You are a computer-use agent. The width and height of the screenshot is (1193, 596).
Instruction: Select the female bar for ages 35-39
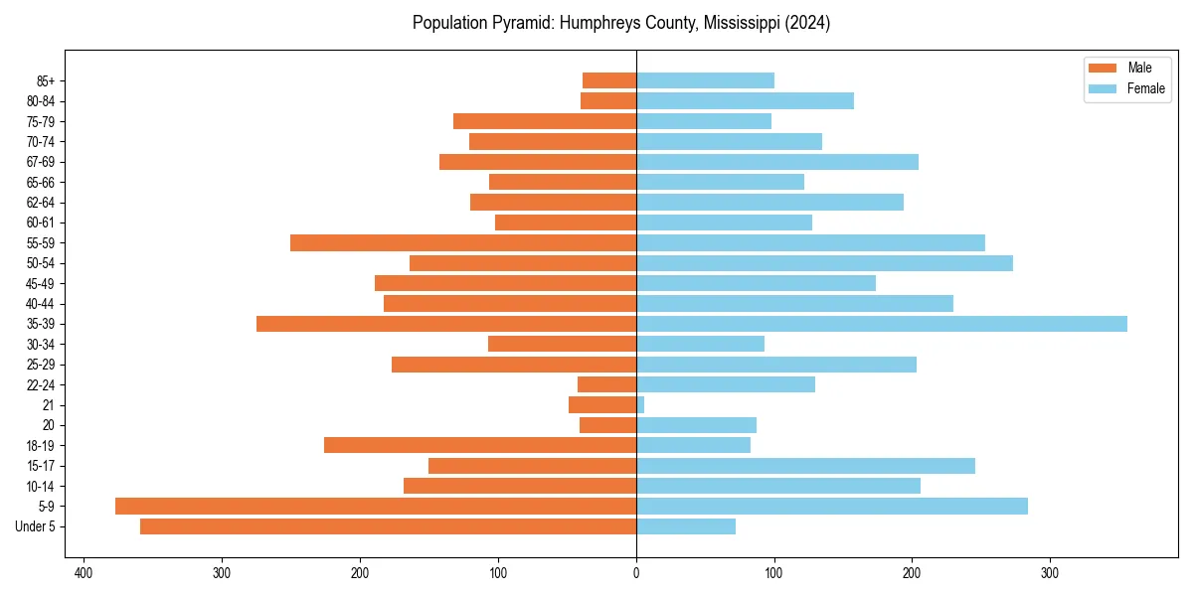click(882, 324)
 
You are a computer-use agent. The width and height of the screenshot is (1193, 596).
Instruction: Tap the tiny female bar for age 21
click(640, 405)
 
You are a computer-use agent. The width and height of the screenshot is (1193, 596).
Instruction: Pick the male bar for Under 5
click(388, 526)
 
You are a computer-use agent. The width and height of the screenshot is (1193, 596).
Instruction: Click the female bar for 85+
click(705, 80)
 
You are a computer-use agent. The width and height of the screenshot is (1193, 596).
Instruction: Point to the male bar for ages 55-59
click(463, 243)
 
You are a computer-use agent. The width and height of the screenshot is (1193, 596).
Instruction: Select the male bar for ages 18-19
click(480, 446)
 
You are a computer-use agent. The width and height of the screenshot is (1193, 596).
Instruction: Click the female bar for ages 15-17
click(805, 466)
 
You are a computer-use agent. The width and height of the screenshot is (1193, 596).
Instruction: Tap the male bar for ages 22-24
click(607, 384)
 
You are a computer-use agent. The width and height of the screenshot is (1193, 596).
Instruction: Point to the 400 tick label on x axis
click(84, 573)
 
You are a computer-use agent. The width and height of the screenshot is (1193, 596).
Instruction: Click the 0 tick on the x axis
click(636, 573)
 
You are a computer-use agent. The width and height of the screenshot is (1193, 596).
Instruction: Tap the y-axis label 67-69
click(41, 162)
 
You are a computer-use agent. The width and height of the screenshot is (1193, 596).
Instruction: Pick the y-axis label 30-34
click(41, 345)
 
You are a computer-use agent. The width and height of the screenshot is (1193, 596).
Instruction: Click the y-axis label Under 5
click(36, 526)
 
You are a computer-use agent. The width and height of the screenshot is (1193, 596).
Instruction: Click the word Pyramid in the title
click(523, 23)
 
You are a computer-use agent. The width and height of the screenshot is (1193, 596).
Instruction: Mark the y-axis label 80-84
click(41, 101)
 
